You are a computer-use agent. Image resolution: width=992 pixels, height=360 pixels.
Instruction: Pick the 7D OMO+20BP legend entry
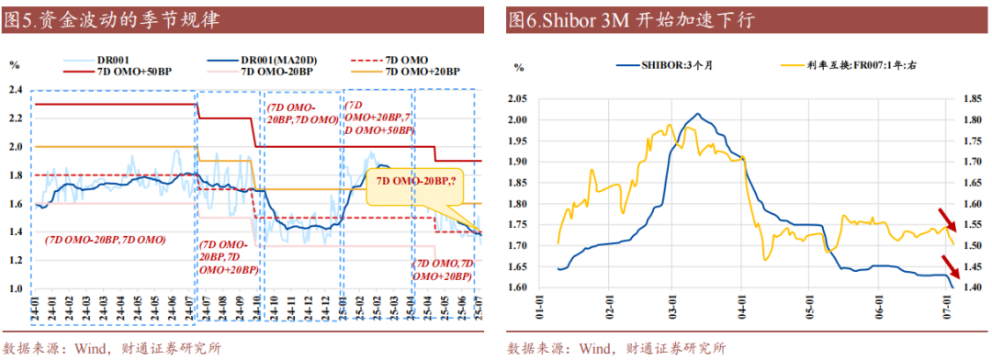(423, 71)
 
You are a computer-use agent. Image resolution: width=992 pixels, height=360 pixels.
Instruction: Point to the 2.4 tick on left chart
(15, 90)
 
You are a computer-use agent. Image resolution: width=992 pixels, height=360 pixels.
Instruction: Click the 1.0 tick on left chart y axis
(15, 289)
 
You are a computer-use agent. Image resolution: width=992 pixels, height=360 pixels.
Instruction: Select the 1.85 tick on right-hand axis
(972, 98)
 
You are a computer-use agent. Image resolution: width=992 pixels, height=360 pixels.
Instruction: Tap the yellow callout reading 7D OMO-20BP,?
(413, 183)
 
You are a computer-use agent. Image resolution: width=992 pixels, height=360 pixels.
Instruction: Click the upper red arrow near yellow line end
(947, 221)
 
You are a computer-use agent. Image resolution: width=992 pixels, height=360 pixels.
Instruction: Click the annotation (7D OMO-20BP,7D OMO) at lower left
(106, 240)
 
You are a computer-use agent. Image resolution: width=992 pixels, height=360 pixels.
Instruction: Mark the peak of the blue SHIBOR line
(698, 114)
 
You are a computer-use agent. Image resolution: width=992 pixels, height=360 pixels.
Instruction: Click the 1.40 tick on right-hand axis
(972, 287)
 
